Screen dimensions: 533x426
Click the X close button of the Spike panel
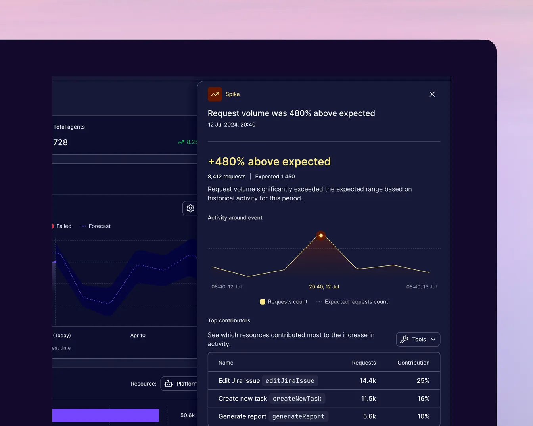[432, 94]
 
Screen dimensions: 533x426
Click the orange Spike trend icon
[215, 94]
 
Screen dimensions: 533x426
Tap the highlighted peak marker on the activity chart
[321, 236]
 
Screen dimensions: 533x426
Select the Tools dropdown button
[418, 339]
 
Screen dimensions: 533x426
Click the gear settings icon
[190, 208]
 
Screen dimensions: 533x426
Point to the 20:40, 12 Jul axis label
[324, 287]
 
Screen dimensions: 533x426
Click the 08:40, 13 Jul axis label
[421, 287]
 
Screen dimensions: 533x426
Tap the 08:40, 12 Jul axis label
[226, 287]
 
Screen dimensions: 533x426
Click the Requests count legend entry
[283, 302]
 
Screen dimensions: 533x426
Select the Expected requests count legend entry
[352, 302]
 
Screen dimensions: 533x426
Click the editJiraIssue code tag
[290, 381]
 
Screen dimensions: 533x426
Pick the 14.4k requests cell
[368, 381]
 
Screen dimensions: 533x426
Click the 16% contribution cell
[423, 399]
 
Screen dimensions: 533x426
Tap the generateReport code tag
[299, 416]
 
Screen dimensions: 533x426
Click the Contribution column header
[413, 363]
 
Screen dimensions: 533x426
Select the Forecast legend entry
[95, 226]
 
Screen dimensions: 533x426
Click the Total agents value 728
[60, 142]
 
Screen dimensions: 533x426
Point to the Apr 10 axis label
[138, 335]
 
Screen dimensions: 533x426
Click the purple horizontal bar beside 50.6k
[106, 415]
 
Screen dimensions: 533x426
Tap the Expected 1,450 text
[275, 177]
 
